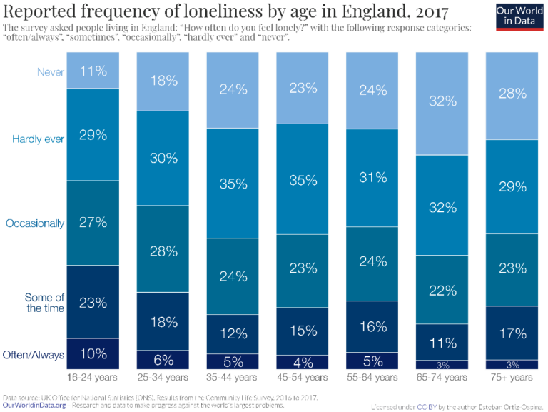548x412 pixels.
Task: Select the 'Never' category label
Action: (49, 71)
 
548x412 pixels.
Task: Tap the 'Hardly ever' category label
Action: (38, 139)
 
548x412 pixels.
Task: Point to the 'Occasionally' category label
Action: (35, 223)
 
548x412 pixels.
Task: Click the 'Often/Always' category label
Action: (34, 354)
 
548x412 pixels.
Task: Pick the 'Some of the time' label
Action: (44, 302)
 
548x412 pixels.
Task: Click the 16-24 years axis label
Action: (93, 377)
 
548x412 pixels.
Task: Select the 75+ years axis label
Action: (512, 377)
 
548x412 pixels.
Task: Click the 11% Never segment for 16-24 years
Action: (93, 71)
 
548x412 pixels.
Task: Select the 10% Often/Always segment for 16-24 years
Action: (93, 353)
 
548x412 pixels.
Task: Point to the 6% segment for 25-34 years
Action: (163, 360)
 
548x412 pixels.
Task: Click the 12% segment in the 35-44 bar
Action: (233, 333)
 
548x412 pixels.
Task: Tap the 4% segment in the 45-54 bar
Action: (303, 361)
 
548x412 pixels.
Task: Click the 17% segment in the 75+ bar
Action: (512, 333)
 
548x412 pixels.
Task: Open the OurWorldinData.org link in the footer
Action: (34, 405)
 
